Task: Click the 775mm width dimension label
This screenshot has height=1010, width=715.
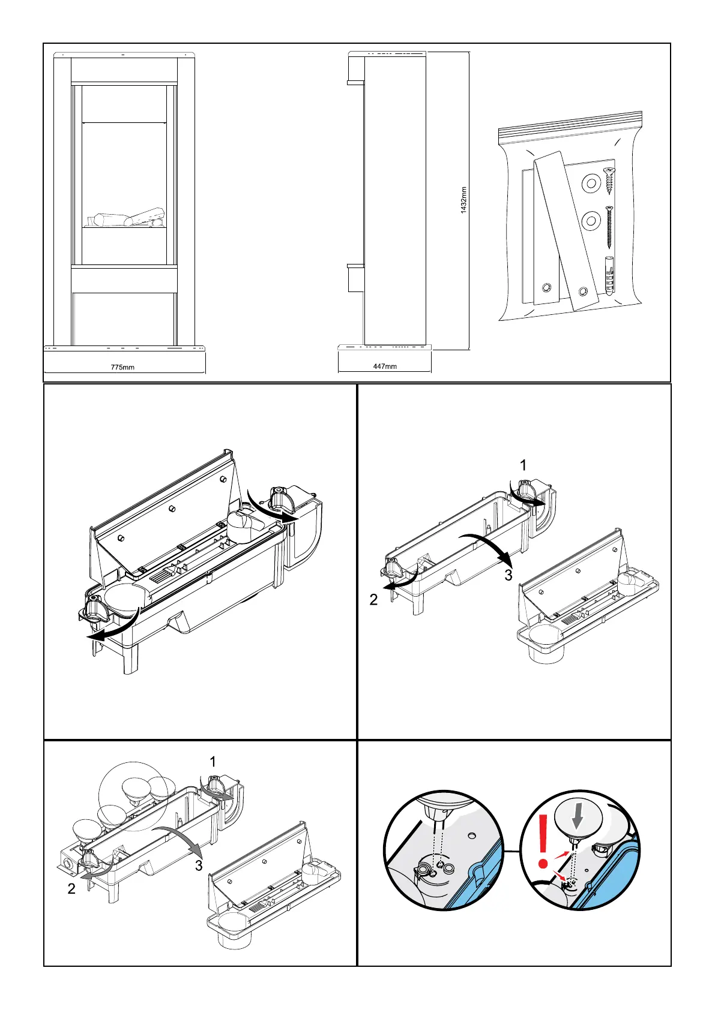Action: [123, 367]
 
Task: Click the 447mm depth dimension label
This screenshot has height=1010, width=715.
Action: [385, 366]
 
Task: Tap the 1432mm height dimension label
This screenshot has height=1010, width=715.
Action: [464, 203]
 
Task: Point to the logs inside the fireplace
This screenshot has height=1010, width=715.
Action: [127, 218]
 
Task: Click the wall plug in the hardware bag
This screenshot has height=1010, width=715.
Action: [609, 275]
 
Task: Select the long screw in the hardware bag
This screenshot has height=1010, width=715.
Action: [610, 228]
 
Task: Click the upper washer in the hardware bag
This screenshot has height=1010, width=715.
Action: [591, 184]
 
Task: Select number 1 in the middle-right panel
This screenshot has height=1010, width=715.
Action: [523, 465]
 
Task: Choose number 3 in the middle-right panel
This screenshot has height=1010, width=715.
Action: [508, 575]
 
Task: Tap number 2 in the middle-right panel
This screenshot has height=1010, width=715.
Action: [373, 600]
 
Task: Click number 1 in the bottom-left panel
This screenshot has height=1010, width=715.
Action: [213, 762]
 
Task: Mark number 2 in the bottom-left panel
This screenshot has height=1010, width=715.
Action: [71, 889]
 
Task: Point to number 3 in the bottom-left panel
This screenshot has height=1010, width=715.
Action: [199, 865]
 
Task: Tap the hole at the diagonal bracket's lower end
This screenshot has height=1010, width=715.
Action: [583, 292]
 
